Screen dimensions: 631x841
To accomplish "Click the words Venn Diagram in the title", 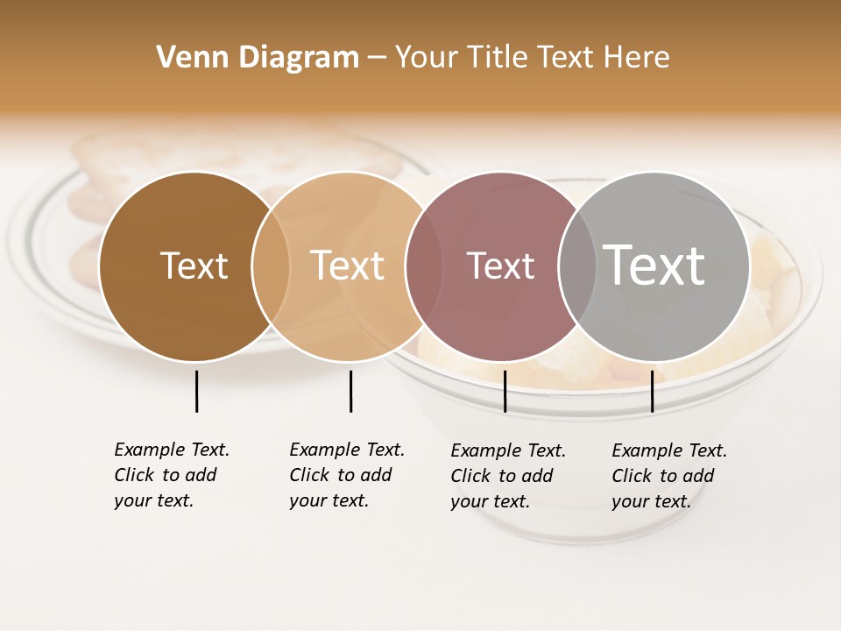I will point(258,58).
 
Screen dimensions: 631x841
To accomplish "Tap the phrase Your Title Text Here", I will point(532,58).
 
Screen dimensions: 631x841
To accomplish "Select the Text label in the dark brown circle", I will point(194,266).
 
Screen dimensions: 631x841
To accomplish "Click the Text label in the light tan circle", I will point(348,266).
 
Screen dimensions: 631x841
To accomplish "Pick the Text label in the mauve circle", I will point(500,266).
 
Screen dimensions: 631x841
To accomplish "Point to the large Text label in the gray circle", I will point(654,266).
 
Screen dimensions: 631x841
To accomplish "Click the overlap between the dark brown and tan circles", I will point(271,266).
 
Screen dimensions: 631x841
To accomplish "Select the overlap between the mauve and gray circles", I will point(577,266).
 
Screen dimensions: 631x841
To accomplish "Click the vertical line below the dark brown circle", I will point(196,391).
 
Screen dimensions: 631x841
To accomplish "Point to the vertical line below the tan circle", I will point(350,391).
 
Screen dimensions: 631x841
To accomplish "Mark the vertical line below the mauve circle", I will point(505,391).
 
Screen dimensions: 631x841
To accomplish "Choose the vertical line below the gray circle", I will point(652,391).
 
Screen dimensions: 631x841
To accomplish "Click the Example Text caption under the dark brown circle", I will point(172,475).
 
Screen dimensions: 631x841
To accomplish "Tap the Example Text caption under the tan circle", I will point(347,475).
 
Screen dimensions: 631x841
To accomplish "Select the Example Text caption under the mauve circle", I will point(508,476).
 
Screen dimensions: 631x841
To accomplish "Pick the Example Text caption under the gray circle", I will point(669,476).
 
